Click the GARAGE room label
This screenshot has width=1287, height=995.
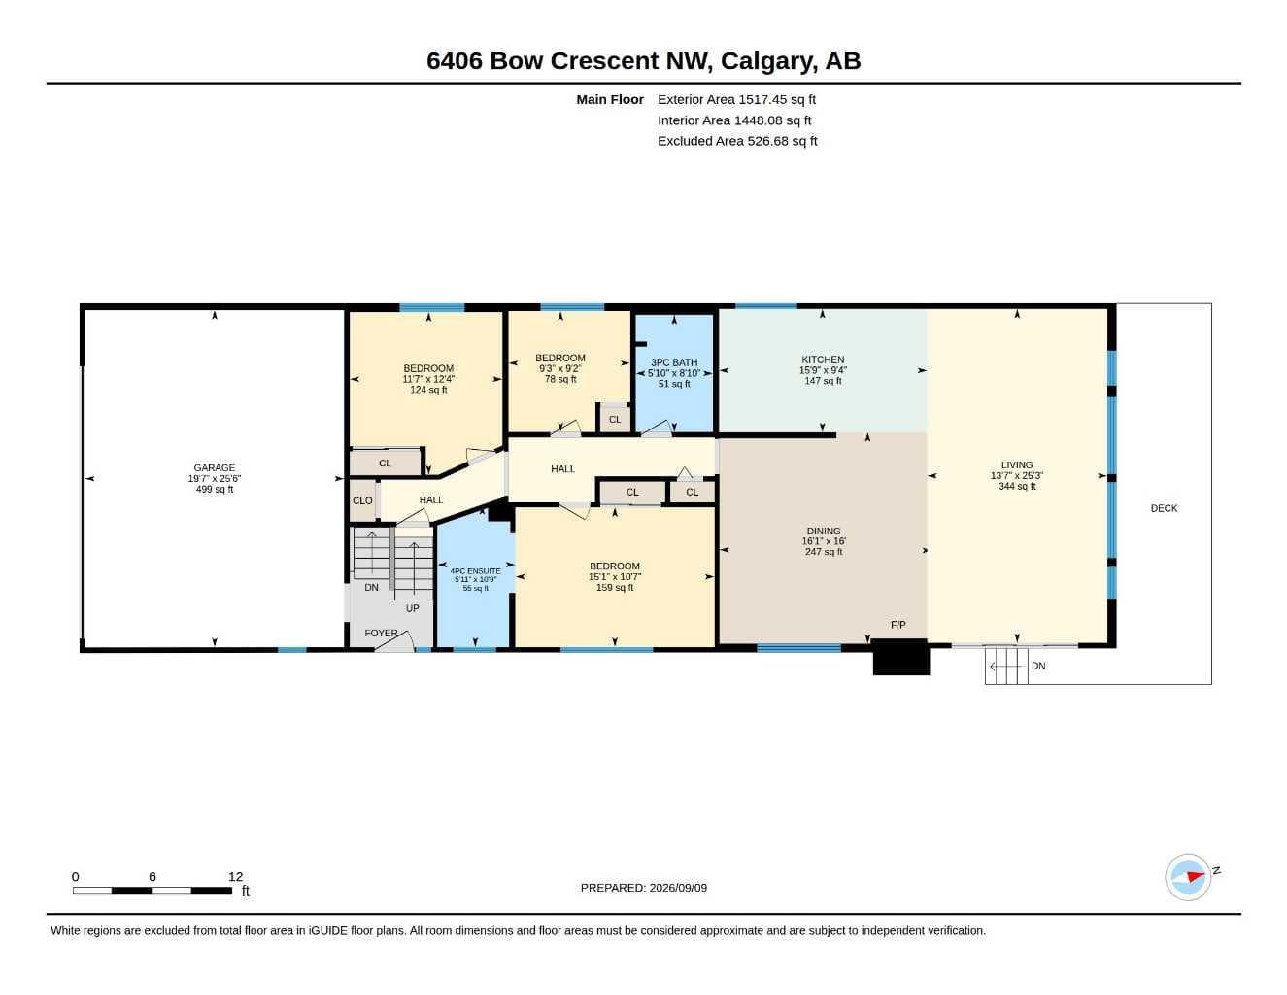coord(214,468)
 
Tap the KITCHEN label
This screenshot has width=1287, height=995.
coord(823,360)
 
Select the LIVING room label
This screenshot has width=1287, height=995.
coord(1016,464)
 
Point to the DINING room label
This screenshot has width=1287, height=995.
coord(824,531)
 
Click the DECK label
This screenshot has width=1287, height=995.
coord(1164,508)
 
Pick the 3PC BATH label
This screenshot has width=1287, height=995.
coord(674,362)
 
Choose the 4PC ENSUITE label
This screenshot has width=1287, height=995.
coord(476,571)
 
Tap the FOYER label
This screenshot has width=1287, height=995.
coord(381,633)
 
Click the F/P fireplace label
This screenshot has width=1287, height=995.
coord(898,624)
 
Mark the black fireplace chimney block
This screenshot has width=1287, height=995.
coord(900,657)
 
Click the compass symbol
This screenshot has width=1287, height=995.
coord(1188,877)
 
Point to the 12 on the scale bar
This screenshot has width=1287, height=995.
coord(236,876)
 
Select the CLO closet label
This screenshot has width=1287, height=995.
coord(362,500)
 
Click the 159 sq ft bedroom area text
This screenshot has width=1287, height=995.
coord(615,588)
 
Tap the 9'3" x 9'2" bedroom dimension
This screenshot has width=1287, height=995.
coord(560,368)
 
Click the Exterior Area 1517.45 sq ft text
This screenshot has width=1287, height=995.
coord(736,99)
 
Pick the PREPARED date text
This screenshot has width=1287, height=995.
coord(643,888)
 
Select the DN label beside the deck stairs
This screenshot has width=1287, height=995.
coord(1038,666)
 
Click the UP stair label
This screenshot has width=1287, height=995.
coord(412,608)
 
